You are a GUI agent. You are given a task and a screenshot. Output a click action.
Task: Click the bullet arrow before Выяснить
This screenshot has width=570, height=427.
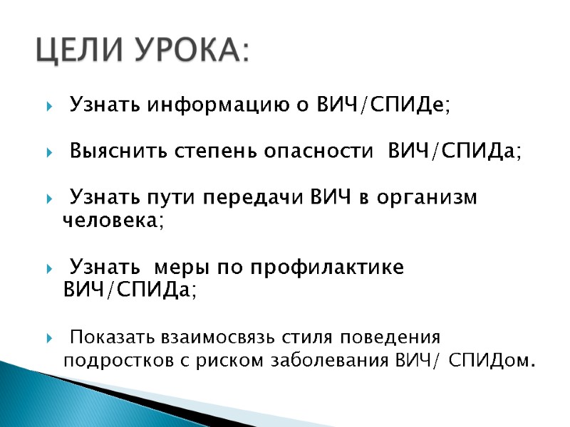(x=48, y=153)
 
